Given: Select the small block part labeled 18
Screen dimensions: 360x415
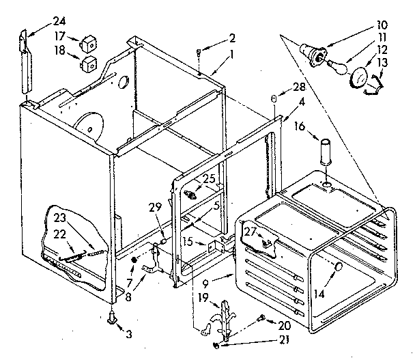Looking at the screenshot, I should [x=87, y=66].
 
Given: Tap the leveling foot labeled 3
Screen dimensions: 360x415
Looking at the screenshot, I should [x=111, y=316].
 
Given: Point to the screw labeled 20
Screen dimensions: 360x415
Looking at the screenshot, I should [x=262, y=318].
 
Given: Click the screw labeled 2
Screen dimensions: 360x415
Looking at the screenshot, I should [x=197, y=49].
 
